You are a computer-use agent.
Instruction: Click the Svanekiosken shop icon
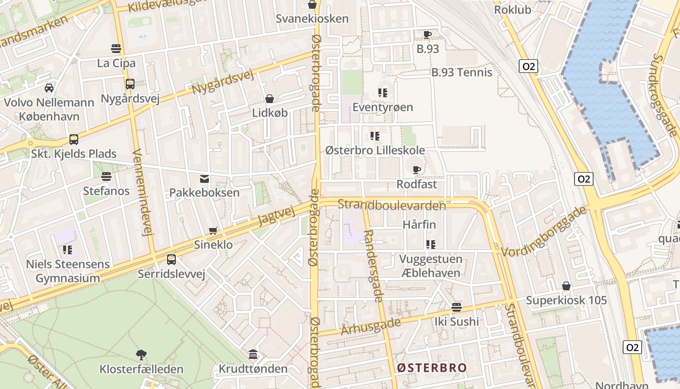(x=312, y=5)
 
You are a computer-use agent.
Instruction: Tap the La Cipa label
(x=116, y=63)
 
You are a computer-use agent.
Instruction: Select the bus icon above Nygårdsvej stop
(x=130, y=84)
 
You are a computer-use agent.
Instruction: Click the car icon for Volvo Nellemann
(x=49, y=88)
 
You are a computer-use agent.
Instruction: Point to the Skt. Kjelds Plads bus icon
(x=74, y=140)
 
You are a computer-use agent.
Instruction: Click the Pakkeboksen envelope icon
(x=204, y=179)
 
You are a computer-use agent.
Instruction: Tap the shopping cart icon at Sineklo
(x=213, y=230)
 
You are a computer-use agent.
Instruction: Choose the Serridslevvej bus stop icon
(x=171, y=260)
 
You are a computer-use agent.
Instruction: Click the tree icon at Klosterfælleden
(x=141, y=354)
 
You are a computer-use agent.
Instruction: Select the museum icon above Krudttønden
(x=253, y=354)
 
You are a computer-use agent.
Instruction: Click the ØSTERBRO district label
(x=431, y=368)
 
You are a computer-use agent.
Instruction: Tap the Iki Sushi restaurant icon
(x=456, y=307)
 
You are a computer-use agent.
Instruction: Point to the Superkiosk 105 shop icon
(x=566, y=286)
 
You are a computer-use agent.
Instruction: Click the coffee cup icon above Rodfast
(x=416, y=170)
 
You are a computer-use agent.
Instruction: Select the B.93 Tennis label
(x=462, y=72)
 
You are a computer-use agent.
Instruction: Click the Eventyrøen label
(x=383, y=107)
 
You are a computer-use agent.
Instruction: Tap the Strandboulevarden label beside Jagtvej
(x=391, y=205)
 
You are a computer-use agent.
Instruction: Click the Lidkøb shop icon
(x=270, y=99)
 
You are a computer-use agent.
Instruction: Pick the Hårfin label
(x=419, y=225)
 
